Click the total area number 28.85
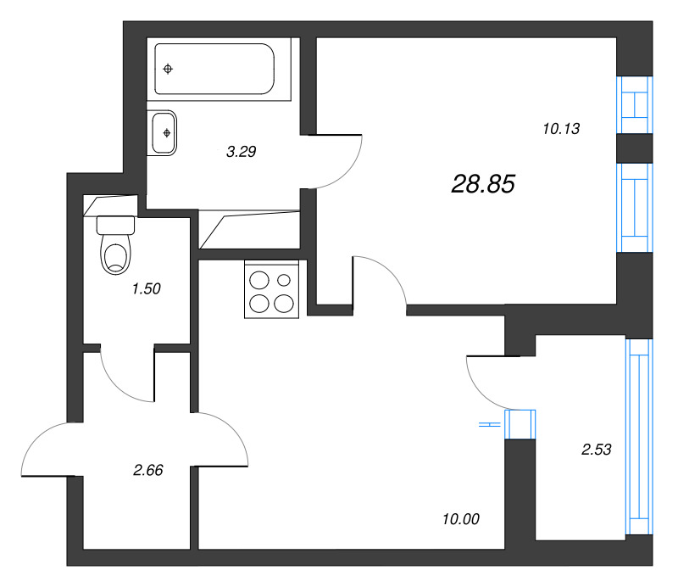pos(483,184)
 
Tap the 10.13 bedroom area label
pos(559,129)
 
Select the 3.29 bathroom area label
pos(241,153)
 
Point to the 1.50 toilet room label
pos(146,288)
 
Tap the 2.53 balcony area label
pos(597,450)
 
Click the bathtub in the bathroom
pos(215,70)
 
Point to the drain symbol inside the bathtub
pos(169,69)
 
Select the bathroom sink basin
pos(164,133)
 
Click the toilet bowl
pos(117,254)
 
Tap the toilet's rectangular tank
pos(116,226)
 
